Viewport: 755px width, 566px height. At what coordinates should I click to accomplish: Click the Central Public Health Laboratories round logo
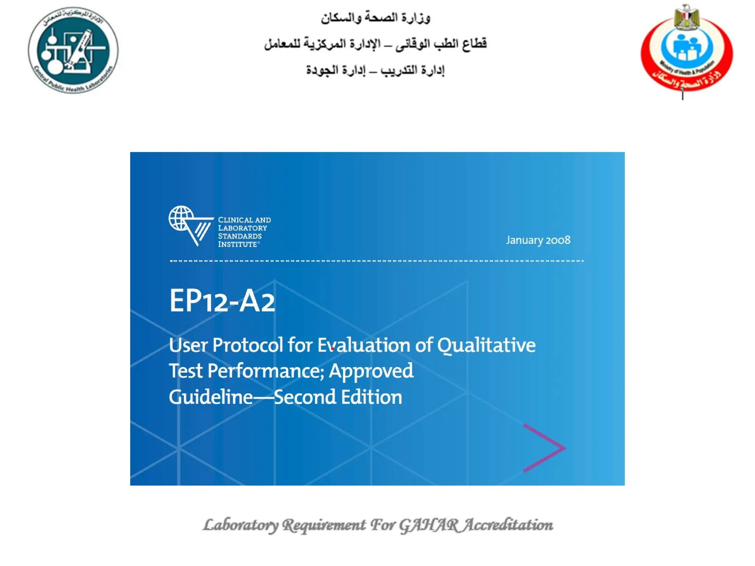pos(73,50)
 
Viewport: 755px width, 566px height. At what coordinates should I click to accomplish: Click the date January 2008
pos(538,240)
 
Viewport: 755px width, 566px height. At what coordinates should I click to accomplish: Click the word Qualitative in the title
pos(486,345)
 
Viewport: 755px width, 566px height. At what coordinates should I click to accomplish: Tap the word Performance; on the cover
pos(266,371)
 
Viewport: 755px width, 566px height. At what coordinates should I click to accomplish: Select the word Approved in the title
pos(371,371)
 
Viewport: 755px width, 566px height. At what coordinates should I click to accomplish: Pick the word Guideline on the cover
pos(211,397)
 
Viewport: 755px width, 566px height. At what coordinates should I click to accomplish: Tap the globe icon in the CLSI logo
pos(181,218)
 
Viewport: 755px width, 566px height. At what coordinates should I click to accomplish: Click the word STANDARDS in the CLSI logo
pos(240,236)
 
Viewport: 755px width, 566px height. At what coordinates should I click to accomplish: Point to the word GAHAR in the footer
pos(429,525)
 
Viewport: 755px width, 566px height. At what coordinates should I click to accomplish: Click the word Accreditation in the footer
pos(508,525)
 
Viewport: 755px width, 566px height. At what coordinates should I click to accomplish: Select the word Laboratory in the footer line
pos(241,525)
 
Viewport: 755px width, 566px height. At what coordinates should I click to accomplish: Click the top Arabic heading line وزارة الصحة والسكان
pos(375,18)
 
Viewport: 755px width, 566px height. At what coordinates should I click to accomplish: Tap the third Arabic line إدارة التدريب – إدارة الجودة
pos(375,70)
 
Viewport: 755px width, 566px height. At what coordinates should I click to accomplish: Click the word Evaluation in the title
pos(363,345)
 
